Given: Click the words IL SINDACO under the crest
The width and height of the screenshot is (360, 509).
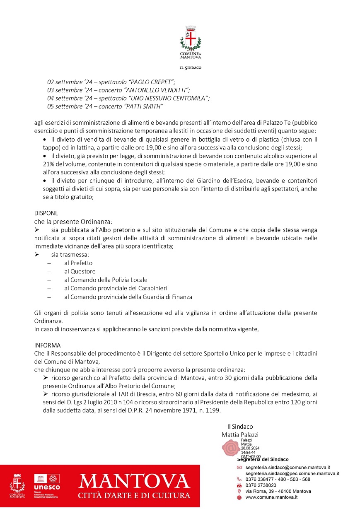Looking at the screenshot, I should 190,68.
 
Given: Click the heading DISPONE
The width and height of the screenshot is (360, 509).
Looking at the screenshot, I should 46,213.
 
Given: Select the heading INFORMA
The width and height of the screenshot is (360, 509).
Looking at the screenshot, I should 47,345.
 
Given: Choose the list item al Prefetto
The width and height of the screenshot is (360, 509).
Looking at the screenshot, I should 78,263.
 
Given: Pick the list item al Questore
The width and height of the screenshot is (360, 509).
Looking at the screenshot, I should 80,271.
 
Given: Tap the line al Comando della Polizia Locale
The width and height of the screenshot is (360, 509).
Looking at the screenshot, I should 106,280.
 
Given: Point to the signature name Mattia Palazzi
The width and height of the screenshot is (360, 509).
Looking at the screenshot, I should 240,434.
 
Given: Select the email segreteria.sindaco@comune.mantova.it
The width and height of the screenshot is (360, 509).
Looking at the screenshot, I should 288,467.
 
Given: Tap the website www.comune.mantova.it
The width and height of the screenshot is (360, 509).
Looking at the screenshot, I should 271,497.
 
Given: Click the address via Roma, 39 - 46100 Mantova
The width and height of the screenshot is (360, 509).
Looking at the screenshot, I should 278,491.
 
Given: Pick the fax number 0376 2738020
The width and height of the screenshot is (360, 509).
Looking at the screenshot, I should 261,485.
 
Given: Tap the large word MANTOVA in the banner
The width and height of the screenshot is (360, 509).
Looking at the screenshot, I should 134,482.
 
